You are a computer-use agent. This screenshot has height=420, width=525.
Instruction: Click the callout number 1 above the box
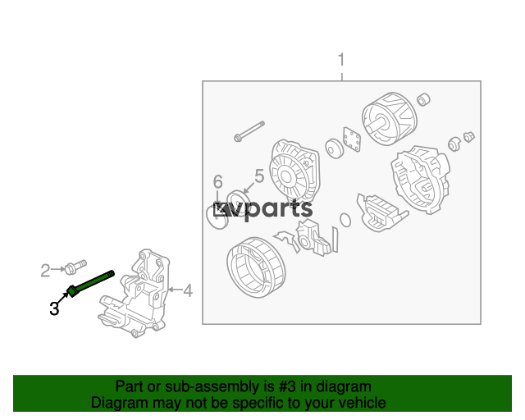tap(341, 60)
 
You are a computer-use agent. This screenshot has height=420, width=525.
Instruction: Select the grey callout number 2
tap(45, 271)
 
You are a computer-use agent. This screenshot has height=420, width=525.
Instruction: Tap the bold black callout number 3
tap(54, 308)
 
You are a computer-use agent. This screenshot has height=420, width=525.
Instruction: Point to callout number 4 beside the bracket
tap(188, 290)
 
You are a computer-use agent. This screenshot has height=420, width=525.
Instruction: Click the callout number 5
tap(259, 176)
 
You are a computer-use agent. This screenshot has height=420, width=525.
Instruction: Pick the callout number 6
tap(218, 182)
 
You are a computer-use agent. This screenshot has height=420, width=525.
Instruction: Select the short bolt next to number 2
tap(75, 267)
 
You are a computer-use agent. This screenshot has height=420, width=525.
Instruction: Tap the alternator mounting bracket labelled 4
tap(135, 294)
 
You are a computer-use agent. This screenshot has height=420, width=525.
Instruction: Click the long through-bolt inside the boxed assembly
tap(249, 131)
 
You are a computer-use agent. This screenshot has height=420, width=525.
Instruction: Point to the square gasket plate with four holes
tap(352, 139)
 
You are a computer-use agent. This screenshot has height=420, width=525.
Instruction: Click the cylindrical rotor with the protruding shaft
tap(390, 118)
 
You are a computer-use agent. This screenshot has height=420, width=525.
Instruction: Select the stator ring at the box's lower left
tap(256, 267)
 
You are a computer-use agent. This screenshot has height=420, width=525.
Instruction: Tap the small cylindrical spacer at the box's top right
tap(423, 99)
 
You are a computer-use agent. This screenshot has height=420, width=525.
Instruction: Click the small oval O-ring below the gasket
tap(345, 220)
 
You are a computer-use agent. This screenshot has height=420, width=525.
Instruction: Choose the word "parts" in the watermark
tap(279, 209)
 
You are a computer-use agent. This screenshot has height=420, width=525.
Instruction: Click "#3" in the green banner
tap(287, 386)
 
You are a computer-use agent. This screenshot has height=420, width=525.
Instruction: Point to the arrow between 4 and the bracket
tap(175, 290)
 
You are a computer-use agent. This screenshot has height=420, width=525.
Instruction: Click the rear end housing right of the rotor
tap(421, 180)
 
